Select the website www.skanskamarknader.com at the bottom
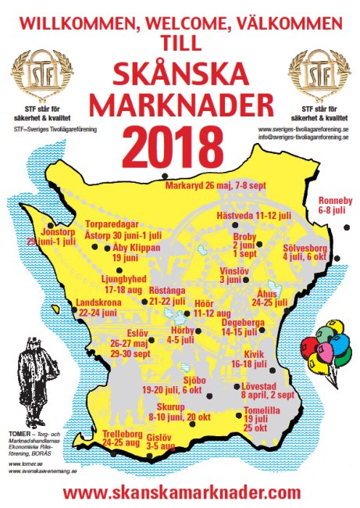point(181,492)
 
